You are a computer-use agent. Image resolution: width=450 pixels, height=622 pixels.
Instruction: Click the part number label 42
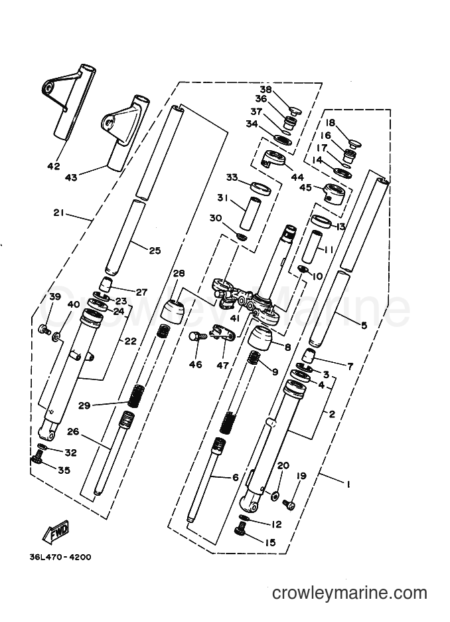tap(54, 166)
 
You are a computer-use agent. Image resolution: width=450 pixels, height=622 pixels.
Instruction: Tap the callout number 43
tap(71, 177)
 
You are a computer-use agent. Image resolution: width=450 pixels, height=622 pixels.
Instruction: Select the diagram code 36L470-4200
tap(60, 557)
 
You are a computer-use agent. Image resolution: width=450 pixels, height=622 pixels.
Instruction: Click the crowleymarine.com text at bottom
tap(350, 593)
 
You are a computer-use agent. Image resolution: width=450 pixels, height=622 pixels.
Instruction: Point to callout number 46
tap(196, 364)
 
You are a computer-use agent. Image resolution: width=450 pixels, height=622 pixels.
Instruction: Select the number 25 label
tap(155, 251)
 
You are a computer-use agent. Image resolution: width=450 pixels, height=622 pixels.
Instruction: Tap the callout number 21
tap(58, 213)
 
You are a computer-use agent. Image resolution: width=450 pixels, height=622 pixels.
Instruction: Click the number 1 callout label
tap(348, 484)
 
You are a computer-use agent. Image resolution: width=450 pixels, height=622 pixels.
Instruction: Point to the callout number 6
tap(236, 477)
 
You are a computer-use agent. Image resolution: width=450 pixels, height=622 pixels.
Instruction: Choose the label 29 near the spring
tap(84, 405)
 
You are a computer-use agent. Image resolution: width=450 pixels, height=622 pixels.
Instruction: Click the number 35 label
tap(64, 470)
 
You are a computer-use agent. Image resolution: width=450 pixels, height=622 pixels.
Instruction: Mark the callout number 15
tap(270, 542)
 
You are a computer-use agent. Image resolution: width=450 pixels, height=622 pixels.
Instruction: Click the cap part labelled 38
tap(295, 110)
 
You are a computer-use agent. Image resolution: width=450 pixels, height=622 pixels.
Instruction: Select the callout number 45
tap(305, 187)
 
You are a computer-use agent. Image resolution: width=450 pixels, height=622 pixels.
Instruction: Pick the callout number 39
tap(54, 297)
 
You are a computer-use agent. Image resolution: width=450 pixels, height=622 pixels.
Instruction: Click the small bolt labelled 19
tap(289, 504)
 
